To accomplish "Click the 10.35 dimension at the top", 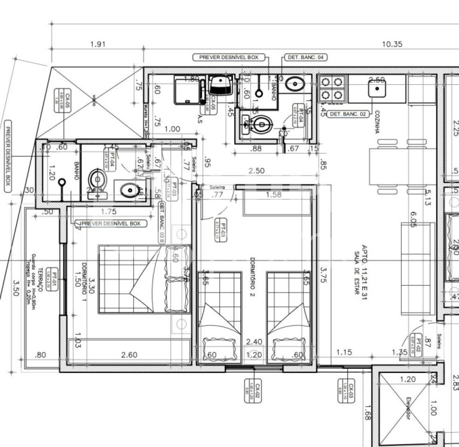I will pos(392,44).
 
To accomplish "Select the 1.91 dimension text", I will pos(98,44).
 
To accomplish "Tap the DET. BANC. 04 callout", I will pos(305,57).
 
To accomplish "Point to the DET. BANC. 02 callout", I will pos(349,114).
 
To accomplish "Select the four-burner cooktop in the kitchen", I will pos(332,89).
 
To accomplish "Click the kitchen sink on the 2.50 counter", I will pos(377,88).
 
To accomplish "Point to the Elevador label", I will pos(408,407).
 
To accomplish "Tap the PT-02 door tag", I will pos(418,345).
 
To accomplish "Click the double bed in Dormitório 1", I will pos(144,279).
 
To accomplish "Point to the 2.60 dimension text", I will pos(129,355).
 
